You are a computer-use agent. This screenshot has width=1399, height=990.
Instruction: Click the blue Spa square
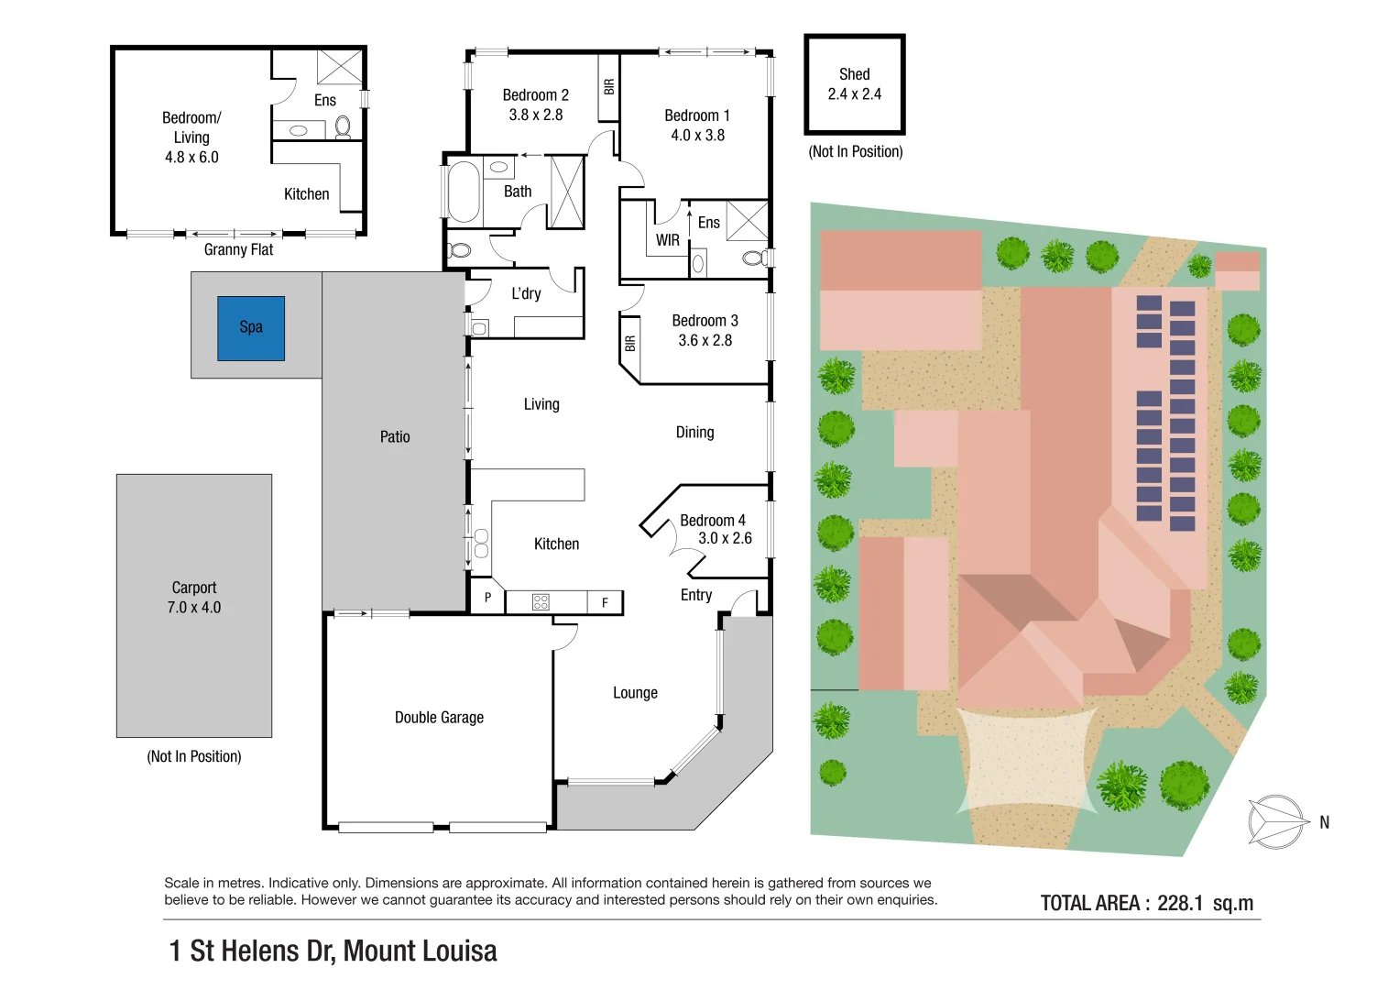point(251,328)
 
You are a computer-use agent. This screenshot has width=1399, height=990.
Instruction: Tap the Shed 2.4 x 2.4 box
point(855,84)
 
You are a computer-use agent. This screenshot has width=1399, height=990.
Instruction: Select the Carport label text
point(193,588)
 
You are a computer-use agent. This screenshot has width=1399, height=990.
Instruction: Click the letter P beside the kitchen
point(487,598)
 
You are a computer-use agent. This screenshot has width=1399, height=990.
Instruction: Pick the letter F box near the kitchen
point(605,602)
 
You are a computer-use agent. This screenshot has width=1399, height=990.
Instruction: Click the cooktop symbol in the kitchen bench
point(541,602)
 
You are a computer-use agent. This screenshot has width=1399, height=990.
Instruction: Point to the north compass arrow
point(1278,821)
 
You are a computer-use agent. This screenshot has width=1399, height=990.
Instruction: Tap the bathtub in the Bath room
point(465,192)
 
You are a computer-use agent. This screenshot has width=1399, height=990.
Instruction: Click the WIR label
point(667,240)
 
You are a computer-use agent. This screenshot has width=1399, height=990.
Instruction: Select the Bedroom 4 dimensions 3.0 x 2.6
point(725,538)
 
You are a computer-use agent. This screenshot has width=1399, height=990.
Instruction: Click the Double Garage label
point(439,718)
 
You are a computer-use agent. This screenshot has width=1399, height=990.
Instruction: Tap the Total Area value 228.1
point(1180,903)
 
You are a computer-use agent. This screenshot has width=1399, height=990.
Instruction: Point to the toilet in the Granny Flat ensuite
point(343,126)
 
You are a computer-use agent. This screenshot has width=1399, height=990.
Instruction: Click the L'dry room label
point(526,293)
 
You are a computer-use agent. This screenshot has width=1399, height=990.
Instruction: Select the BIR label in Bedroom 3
point(629,344)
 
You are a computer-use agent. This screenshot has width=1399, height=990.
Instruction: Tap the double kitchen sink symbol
point(481,543)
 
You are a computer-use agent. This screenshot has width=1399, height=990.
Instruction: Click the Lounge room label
point(635,692)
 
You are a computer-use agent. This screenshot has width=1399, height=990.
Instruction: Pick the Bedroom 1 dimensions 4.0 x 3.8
point(697,136)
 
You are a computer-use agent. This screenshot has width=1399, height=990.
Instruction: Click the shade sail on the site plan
point(1027,759)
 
